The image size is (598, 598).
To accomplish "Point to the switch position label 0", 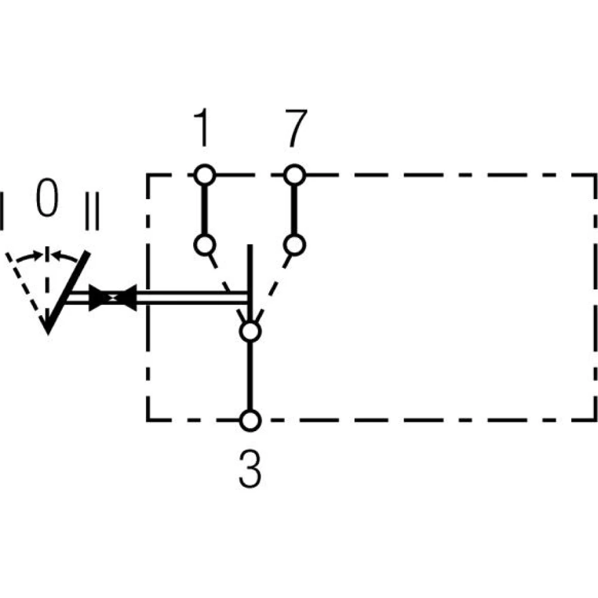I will tap(47, 200).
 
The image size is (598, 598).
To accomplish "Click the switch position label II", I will tap(91, 211).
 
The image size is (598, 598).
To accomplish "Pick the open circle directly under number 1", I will tap(204, 175).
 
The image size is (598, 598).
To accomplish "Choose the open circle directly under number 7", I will tap(294, 175).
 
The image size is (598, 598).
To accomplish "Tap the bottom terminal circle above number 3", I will tap(250, 420).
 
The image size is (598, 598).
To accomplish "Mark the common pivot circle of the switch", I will tap(250, 331).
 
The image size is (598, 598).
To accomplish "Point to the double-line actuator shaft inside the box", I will tap(191, 297).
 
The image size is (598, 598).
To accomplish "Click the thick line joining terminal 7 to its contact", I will tap(294, 209).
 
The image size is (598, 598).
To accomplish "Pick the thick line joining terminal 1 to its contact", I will tap(204, 209).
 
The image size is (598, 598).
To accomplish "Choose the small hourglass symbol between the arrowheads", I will tap(112, 297).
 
